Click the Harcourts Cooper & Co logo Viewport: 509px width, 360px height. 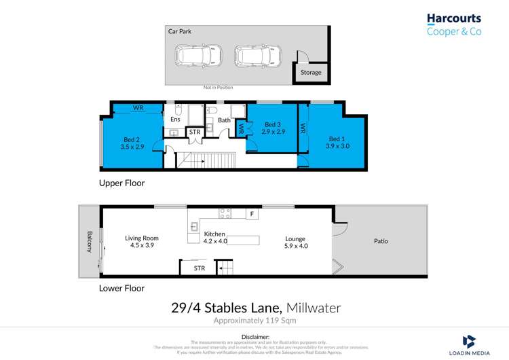[x=453, y=25]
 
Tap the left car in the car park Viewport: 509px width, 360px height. [x=194, y=54]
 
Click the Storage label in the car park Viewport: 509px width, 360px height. [x=312, y=73]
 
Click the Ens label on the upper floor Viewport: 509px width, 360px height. [x=175, y=120]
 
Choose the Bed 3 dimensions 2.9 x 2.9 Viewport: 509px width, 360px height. [x=272, y=132]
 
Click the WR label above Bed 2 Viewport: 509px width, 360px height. [x=138, y=108]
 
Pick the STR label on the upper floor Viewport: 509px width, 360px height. [x=195, y=132]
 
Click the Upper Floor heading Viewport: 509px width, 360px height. [x=122, y=183]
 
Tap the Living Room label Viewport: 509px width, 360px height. [x=142, y=238]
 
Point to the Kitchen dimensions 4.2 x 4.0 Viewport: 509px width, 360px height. [x=215, y=241]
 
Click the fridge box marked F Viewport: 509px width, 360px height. [x=252, y=214]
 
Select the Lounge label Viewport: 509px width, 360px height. [x=295, y=239]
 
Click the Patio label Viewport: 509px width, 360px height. [x=381, y=241]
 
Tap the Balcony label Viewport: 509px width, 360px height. [x=88, y=242]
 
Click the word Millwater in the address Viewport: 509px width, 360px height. [x=314, y=308]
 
